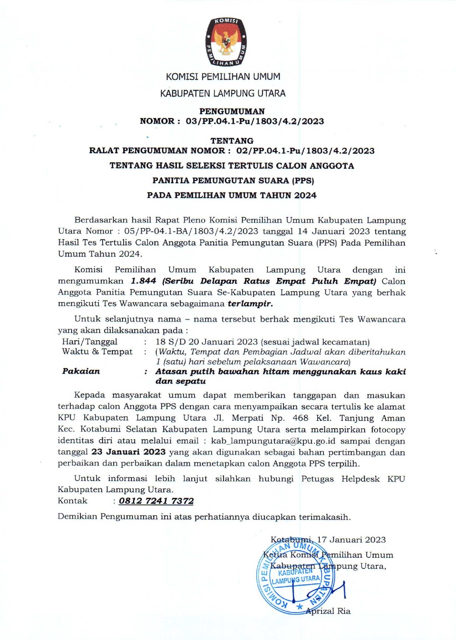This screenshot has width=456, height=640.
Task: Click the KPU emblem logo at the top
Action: click(226, 42)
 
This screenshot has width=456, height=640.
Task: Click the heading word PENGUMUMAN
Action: click(232, 111)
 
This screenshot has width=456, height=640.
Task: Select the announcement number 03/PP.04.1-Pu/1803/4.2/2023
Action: click(255, 121)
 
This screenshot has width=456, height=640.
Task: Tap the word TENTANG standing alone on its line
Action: click(232, 141)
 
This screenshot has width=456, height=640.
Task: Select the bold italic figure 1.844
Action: click(144, 281)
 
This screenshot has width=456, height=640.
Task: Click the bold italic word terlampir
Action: click(251, 304)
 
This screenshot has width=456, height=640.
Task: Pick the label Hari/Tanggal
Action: click(90, 342)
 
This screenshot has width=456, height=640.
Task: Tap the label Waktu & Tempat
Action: click(97, 351)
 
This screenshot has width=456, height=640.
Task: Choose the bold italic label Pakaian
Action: click(81, 371)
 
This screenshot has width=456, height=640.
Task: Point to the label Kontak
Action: click(73, 501)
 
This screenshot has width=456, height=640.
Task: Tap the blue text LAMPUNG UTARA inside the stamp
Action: click(296, 579)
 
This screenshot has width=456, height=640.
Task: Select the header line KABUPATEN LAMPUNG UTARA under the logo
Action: click(222, 93)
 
